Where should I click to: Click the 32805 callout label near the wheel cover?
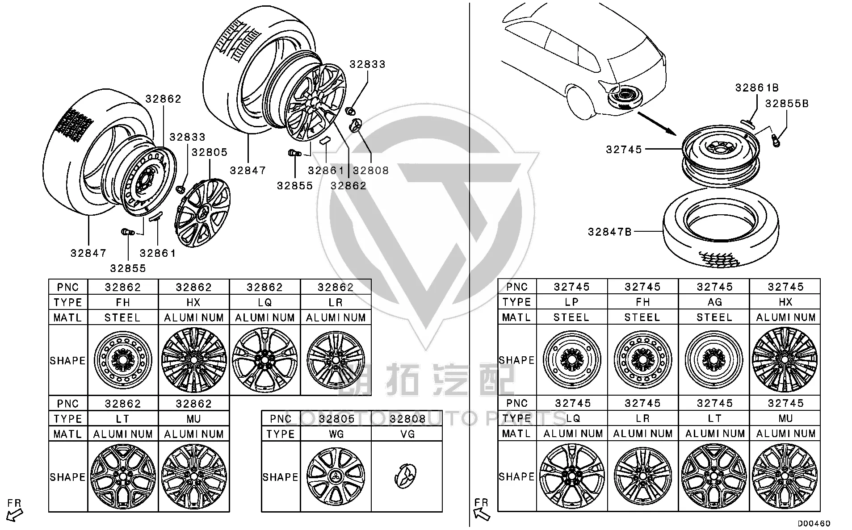[x=210, y=152]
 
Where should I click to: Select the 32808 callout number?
[x=371, y=171]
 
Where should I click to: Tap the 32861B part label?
[x=757, y=88]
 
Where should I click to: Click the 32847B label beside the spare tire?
[x=610, y=232]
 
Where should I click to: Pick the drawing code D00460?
[x=814, y=523]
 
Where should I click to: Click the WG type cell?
[x=336, y=434]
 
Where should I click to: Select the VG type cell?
[x=407, y=434]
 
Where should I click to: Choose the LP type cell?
[x=572, y=302]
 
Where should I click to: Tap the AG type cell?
[x=714, y=302]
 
